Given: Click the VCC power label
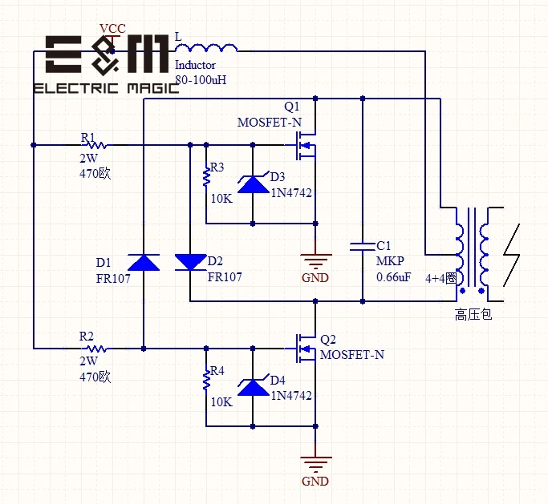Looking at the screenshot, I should [x=112, y=29].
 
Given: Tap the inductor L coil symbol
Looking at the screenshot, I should [x=207, y=46].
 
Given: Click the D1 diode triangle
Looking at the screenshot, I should [x=144, y=262].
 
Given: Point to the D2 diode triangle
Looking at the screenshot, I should [x=190, y=262].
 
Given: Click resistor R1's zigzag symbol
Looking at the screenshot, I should [x=97, y=145].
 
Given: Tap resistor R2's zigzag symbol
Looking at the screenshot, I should [x=97, y=348].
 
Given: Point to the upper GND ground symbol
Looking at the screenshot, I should [x=315, y=260].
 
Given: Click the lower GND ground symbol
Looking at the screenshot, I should [x=315, y=463].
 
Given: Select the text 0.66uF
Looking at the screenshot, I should [x=394, y=277].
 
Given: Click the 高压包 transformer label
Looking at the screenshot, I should [x=473, y=315].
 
